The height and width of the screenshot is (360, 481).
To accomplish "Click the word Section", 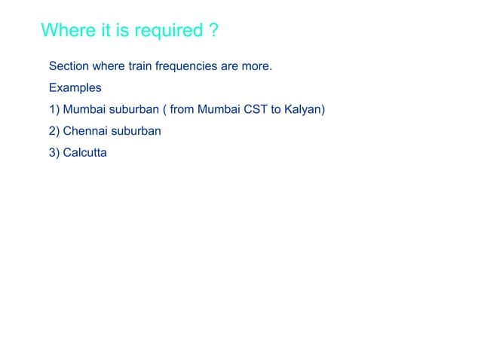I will pos(69,66).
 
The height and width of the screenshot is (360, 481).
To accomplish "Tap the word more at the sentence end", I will pos(257,66).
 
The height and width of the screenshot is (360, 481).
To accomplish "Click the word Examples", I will pos(75,87).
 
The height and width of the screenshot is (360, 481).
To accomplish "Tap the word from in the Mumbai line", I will pos(182,109).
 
